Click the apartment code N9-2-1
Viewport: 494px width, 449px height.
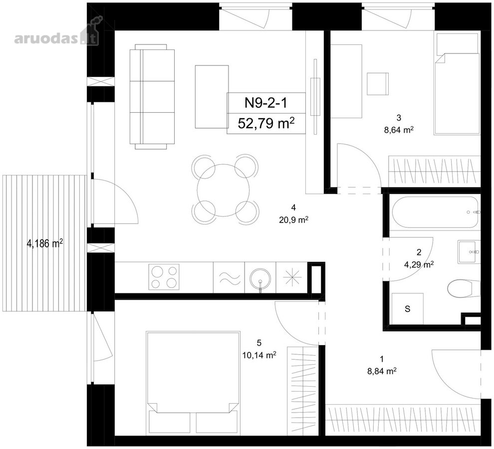(266, 103)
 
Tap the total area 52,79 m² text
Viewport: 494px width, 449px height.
(266, 123)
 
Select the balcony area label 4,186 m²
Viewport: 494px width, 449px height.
(45, 243)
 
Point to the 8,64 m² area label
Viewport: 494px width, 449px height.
(399, 130)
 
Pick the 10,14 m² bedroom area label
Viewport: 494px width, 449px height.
(259, 355)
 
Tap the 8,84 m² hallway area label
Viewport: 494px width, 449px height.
(382, 371)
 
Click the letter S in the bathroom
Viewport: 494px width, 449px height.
(407, 309)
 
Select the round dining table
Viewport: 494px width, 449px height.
(223, 190)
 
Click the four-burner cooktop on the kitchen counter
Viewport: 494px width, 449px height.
(164, 277)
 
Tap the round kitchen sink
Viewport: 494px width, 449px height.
(260, 278)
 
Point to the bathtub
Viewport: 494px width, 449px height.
(435, 213)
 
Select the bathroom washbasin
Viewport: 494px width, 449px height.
(469, 252)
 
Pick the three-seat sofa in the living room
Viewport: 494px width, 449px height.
(152, 97)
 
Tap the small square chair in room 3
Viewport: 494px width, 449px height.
(378, 83)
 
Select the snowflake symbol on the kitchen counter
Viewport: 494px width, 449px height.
(292, 277)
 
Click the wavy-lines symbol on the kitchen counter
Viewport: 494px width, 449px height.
(229, 277)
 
